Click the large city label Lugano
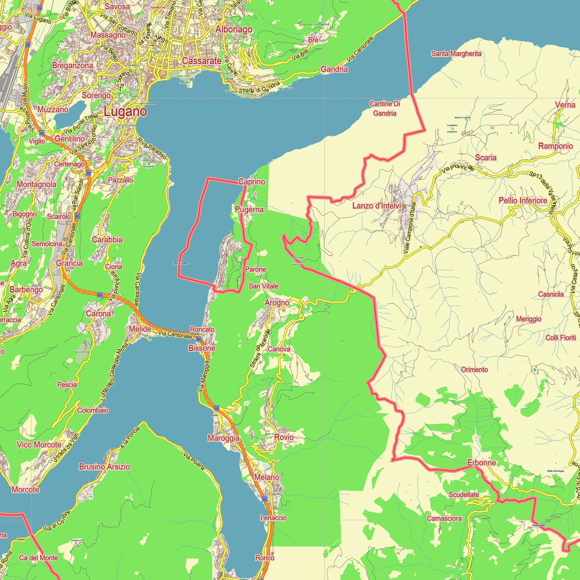tap(125, 112)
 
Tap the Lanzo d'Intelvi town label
tap(376, 206)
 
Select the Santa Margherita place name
tap(456, 54)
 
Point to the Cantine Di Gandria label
tap(385, 108)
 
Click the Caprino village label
tap(251, 182)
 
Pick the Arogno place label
tap(277, 302)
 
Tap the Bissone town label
tap(202, 348)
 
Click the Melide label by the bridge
tap(140, 329)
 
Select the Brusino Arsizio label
tap(104, 467)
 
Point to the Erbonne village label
tap(481, 463)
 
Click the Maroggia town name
tap(224, 438)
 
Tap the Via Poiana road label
tap(194, 461)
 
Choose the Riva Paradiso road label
tap(152, 148)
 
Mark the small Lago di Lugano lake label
tap(180, 264)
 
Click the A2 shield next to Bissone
tap(198, 339)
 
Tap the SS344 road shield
tap(21, 539)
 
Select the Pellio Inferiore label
tap(523, 201)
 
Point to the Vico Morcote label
tap(39, 445)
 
